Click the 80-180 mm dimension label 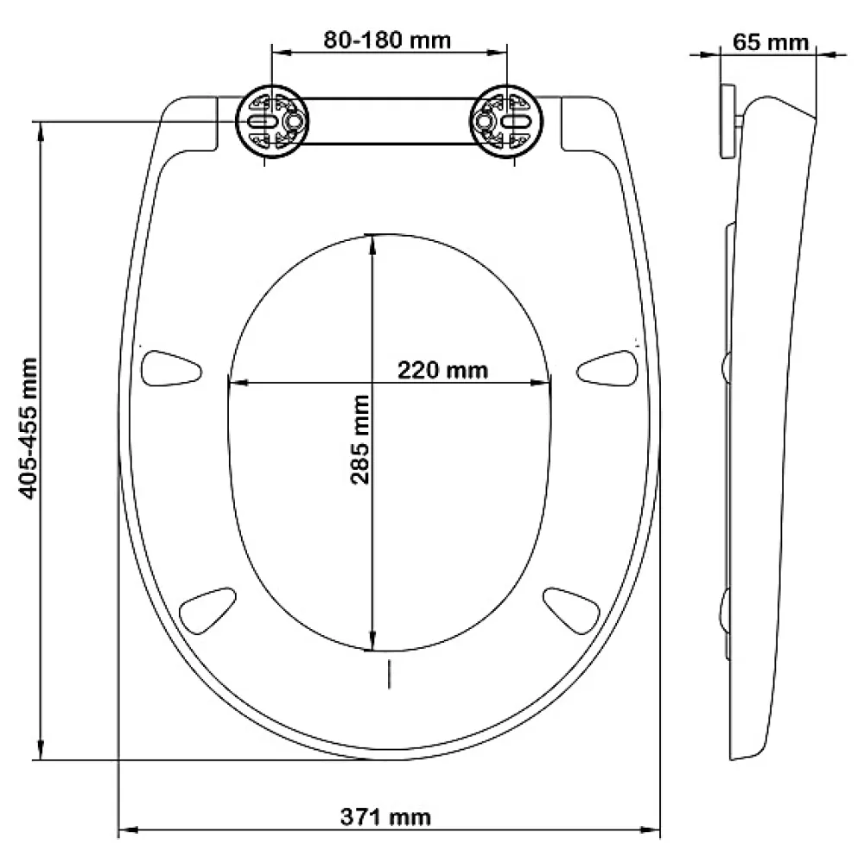(x=387, y=41)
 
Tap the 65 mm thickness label (x=770, y=42)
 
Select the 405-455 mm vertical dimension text (x=29, y=429)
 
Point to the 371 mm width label (x=385, y=816)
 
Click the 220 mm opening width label (x=443, y=371)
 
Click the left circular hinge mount (x=272, y=121)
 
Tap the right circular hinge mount (x=505, y=121)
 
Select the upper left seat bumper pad (x=171, y=368)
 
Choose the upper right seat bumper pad (x=607, y=368)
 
